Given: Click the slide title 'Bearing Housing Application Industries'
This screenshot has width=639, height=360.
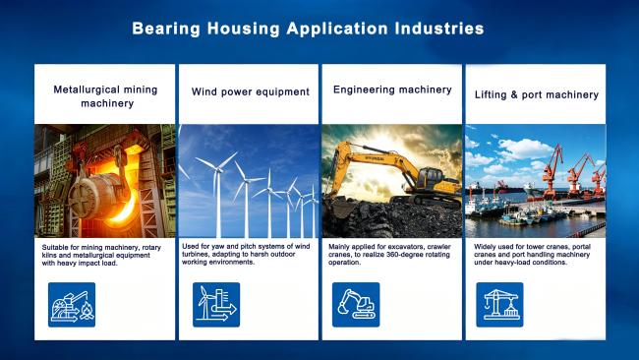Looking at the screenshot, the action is coord(308,29).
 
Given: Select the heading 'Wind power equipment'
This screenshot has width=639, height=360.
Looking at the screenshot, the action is coord(251,91).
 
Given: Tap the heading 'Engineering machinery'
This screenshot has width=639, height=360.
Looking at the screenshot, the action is coord(392,90).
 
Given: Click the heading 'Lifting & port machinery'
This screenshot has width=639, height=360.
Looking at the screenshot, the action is coord(537,94).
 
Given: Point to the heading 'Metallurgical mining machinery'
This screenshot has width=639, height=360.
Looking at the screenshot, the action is coord(105,96).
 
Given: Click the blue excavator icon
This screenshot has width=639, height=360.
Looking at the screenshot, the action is coord(356,305).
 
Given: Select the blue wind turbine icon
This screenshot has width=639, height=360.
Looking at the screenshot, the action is coord(216,305).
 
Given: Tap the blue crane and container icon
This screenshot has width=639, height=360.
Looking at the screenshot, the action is coord(499,305).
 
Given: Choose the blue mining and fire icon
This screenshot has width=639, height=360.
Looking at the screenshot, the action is coord(72,305).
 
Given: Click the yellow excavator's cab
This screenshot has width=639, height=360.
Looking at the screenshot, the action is coord(429,177).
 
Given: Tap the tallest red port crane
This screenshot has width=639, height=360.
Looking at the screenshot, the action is coord(552,171).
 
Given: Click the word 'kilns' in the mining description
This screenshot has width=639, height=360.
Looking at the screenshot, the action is coord(49,255).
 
